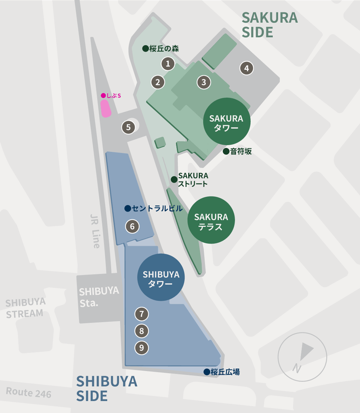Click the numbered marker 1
click(x=168, y=64)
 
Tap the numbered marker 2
click(x=158, y=82)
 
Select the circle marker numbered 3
click(x=204, y=82)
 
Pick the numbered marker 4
click(x=246, y=68)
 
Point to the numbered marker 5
click(x=128, y=127)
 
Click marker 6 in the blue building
click(x=132, y=226)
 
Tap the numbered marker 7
click(x=141, y=314)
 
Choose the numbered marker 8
click(x=141, y=331)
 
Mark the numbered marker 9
click(x=141, y=347)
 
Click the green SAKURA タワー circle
click(x=226, y=122)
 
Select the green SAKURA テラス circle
click(x=211, y=220)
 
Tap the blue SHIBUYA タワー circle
click(x=161, y=277)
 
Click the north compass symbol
click(x=302, y=356)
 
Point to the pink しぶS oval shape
click(x=105, y=109)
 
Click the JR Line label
click(x=95, y=231)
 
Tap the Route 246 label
click(x=28, y=392)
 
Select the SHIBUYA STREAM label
click(x=25, y=308)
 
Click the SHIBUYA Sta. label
click(x=99, y=297)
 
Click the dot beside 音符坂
click(x=226, y=151)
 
